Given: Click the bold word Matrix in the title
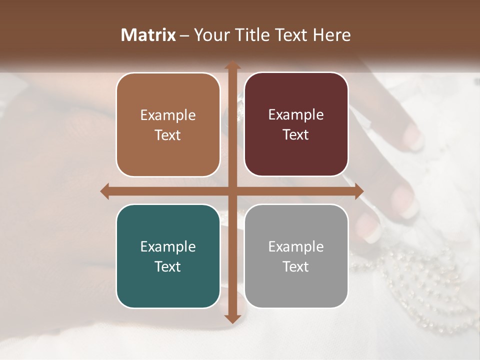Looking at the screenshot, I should coord(148,35).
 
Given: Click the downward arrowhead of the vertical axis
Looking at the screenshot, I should coord(232,318).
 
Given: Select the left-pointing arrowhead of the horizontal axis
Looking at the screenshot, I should coord(105,191).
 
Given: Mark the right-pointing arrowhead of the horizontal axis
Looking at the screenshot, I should coord(358,191).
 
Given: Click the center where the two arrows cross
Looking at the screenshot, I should coord(232,191).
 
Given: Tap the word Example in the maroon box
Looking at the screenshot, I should coord(296,115).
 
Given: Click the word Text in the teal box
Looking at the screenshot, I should coord(168,266).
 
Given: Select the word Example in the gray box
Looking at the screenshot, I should coord(296,246).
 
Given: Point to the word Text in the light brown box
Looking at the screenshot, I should coord(168,135).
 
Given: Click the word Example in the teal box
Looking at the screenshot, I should coord(168,246).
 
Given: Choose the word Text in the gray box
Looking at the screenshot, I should coord(296,266).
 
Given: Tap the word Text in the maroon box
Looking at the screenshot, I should coord(296,135).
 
